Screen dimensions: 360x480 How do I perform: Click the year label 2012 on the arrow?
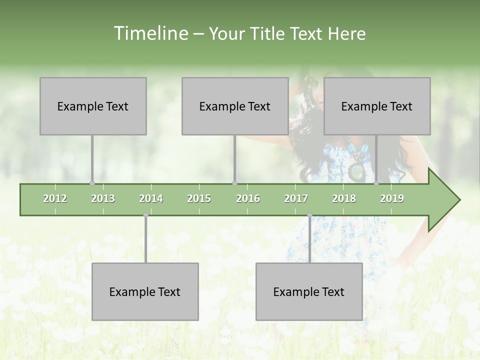55,198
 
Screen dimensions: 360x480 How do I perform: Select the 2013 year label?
103,198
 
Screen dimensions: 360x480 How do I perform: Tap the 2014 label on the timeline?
151,198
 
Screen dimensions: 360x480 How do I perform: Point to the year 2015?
199,198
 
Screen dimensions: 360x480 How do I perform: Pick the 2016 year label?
248,198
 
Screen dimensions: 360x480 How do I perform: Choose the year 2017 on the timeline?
296,198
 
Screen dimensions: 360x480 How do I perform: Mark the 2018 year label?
344,198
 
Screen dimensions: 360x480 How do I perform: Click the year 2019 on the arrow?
392,198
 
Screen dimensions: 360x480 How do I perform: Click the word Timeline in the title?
150,33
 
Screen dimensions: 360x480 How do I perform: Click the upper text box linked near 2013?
93,106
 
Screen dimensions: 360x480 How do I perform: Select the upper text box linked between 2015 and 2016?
235,106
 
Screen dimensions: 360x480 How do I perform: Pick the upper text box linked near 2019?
377,106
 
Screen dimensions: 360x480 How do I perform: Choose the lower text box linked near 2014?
145,291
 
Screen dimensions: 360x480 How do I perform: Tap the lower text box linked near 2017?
309,291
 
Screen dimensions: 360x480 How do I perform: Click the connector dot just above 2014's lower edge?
145,215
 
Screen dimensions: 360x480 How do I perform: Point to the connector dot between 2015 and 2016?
234,183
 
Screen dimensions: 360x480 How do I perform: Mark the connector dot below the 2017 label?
309,215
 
